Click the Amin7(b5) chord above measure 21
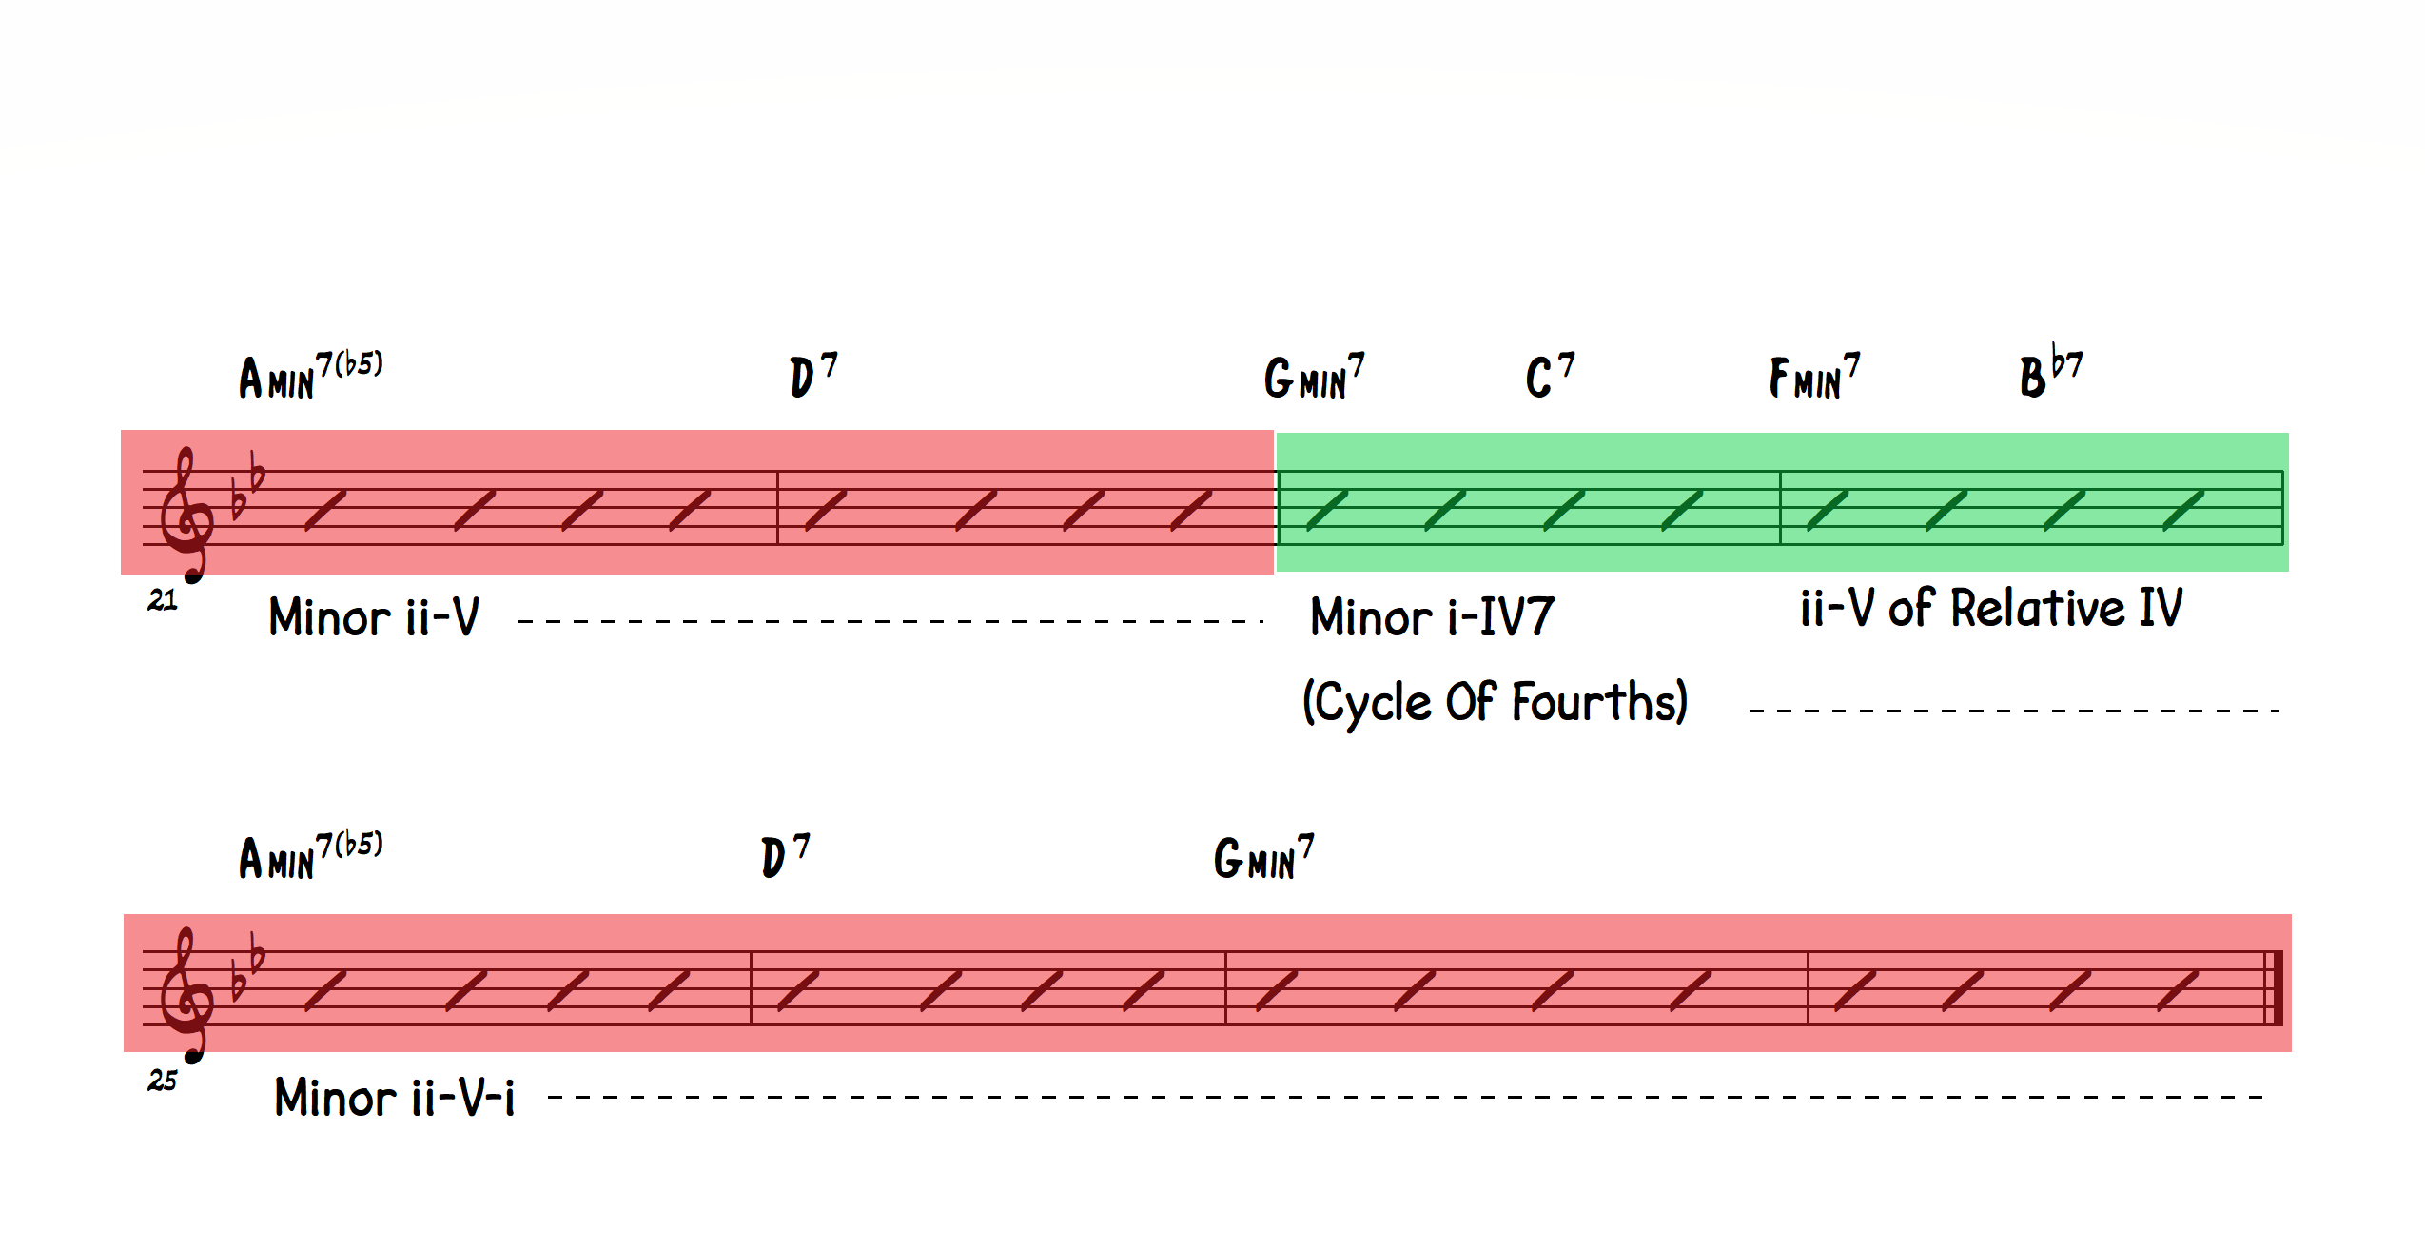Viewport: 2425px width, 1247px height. (x=310, y=376)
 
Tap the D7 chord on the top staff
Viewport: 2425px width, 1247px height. (x=812, y=375)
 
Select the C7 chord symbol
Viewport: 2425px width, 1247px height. (x=1549, y=376)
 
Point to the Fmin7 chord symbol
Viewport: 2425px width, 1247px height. (x=1813, y=376)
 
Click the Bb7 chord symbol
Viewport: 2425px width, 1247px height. (x=2050, y=373)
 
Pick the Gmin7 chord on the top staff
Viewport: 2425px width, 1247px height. (x=1313, y=377)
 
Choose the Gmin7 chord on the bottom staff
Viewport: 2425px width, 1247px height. (x=1262, y=857)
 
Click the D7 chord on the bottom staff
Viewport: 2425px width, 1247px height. (x=784, y=856)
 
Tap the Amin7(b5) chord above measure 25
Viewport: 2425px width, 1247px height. (x=310, y=856)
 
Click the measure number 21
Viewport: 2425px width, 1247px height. (x=162, y=600)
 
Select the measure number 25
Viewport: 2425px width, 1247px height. (x=162, y=1081)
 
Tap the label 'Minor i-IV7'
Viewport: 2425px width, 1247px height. (x=1431, y=616)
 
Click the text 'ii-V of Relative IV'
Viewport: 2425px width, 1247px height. (x=1990, y=608)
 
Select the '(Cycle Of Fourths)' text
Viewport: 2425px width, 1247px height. (x=1495, y=702)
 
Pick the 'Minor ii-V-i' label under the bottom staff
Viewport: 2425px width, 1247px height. (x=394, y=1098)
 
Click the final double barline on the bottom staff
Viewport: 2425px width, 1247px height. (x=2274, y=987)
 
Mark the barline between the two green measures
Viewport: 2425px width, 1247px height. (x=1780, y=508)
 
